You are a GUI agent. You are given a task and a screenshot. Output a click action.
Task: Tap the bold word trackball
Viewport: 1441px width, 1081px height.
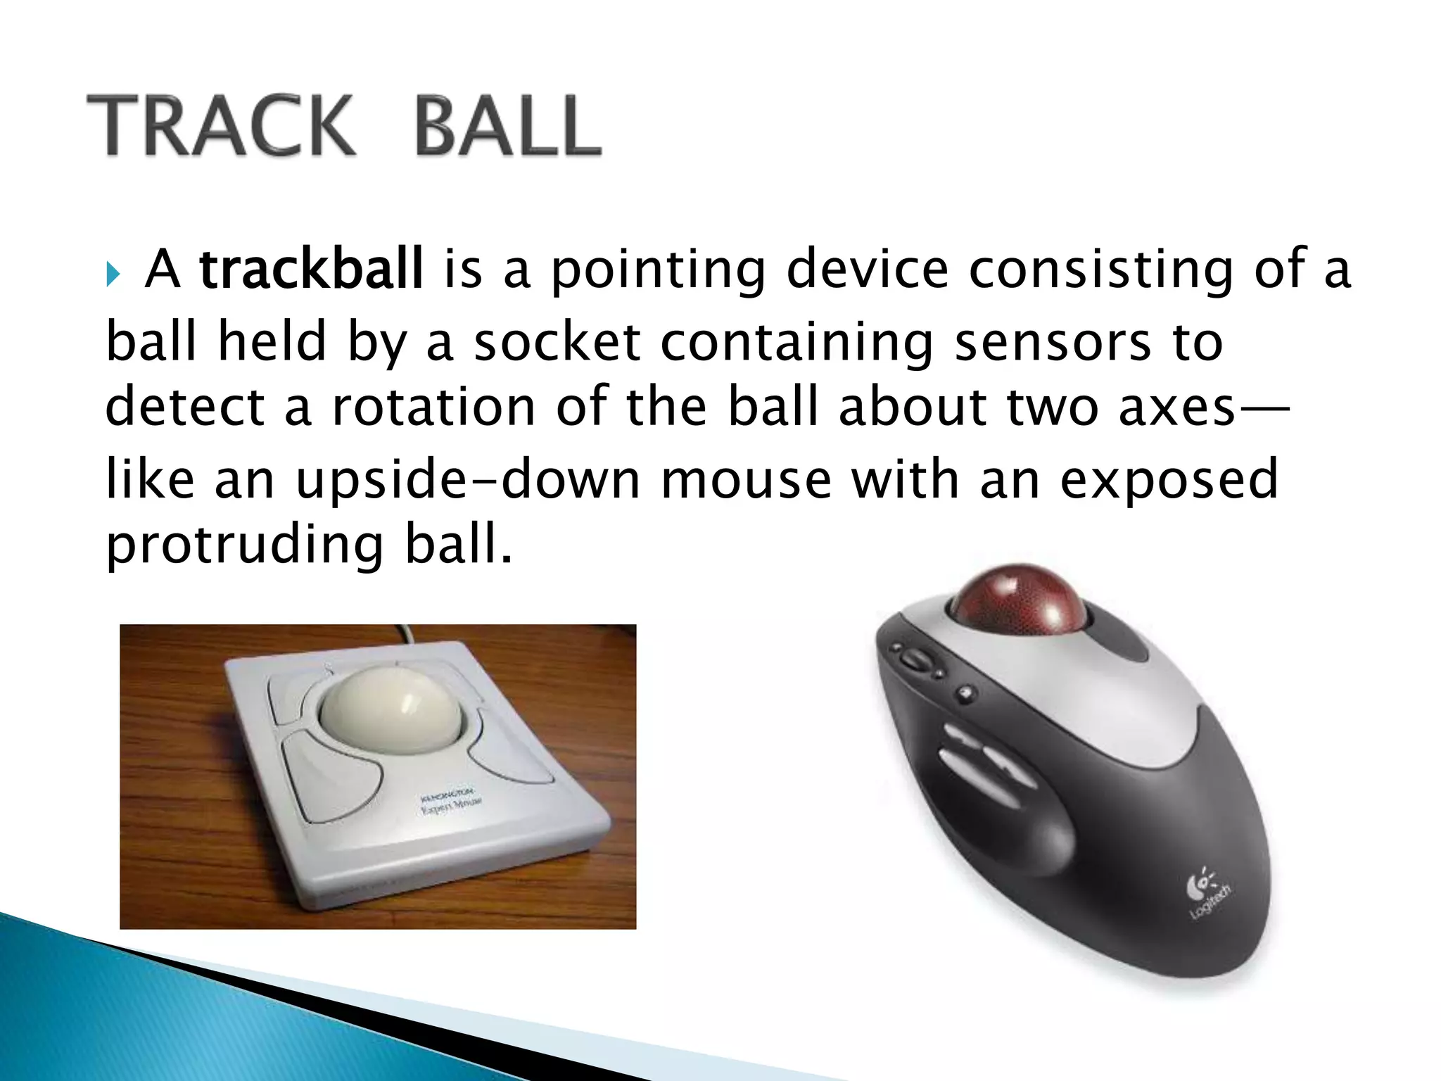(x=311, y=269)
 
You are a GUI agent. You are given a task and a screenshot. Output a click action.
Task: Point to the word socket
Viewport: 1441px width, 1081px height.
(x=557, y=342)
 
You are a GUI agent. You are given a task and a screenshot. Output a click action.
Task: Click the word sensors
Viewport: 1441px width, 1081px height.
(x=1052, y=342)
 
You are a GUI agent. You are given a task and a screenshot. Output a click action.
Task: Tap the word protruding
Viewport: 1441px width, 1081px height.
(x=244, y=546)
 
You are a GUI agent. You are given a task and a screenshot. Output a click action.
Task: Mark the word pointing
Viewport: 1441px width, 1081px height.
(x=657, y=270)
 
